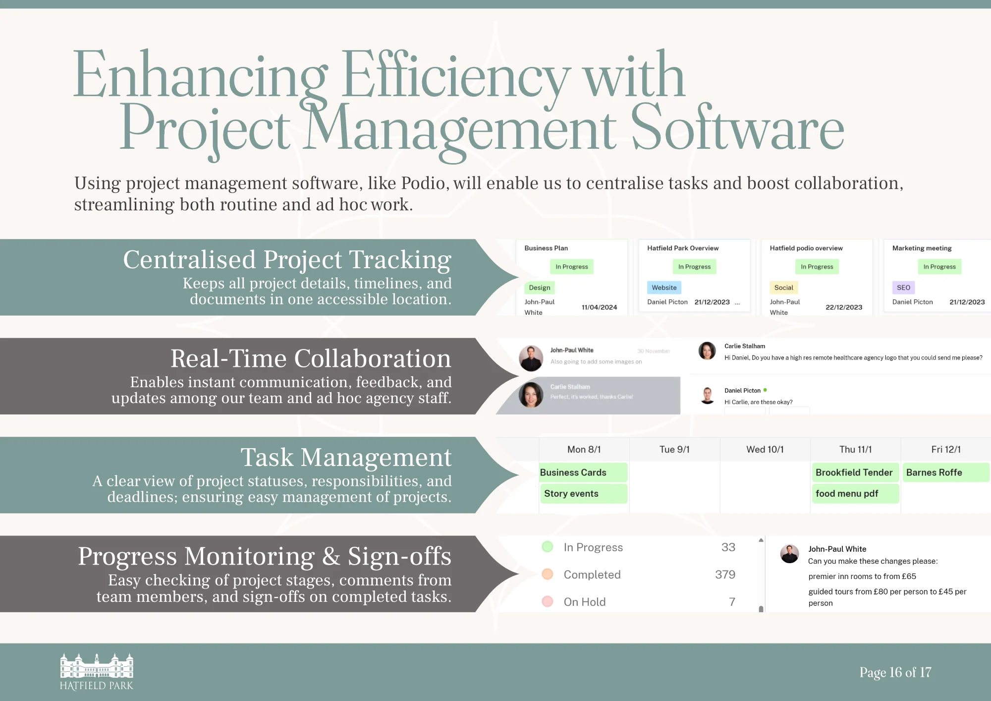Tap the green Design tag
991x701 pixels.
tap(540, 288)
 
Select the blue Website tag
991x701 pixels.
tap(664, 288)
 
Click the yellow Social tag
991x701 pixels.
tap(783, 288)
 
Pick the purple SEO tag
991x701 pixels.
tap(903, 288)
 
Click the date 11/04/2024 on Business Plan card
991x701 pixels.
tap(599, 307)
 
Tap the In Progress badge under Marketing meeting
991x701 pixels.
tap(939, 267)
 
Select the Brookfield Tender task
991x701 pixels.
tap(854, 472)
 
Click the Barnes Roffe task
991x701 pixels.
tap(934, 472)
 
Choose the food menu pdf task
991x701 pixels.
tap(847, 494)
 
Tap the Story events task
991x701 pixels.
tap(571, 494)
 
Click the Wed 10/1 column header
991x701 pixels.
tap(765, 450)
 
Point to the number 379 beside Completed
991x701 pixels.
tap(725, 575)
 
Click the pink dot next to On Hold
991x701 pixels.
tap(548, 602)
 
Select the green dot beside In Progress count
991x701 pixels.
tap(548, 547)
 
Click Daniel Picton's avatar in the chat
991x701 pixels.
tap(708, 395)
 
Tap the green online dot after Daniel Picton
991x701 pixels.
tap(765, 390)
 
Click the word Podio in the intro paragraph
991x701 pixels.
tap(423, 183)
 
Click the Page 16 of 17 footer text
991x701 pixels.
tap(895, 673)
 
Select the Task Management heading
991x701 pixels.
tap(346, 457)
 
